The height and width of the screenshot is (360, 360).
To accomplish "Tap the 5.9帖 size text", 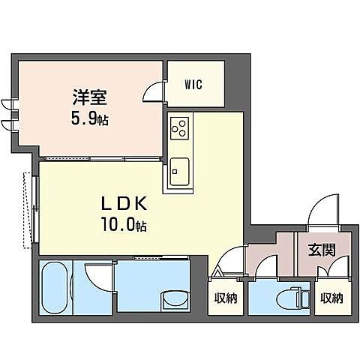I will click(x=90, y=118).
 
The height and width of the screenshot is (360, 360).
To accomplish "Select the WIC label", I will click(x=193, y=85).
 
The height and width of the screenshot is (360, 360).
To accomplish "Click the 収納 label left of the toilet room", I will click(x=226, y=298).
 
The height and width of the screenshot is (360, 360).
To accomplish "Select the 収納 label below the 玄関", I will click(x=331, y=298).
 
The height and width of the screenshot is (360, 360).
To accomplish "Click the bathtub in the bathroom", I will click(x=57, y=288).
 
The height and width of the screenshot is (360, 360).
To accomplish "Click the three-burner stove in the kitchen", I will click(x=180, y=130).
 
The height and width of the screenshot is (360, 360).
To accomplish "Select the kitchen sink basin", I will click(x=179, y=170).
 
